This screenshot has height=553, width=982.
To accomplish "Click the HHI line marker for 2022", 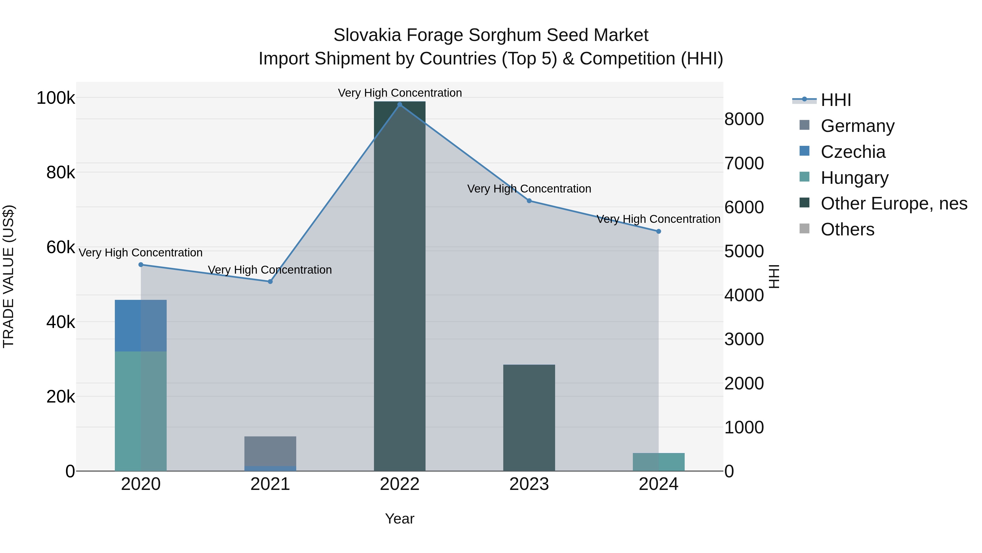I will tap(400, 105).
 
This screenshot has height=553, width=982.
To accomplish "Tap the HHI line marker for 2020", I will tap(141, 264).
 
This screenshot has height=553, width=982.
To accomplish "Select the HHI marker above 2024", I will tap(658, 231).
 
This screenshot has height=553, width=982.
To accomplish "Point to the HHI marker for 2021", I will tap(270, 282).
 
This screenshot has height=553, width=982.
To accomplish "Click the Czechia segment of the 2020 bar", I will tap(141, 326).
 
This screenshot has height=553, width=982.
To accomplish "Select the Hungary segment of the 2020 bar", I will tap(141, 411).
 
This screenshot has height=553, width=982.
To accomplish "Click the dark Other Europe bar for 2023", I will tap(529, 418).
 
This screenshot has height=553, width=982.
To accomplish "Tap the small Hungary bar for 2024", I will tap(658, 462).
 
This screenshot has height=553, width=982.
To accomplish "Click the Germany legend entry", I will tap(857, 126).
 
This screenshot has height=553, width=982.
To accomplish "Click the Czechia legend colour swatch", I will tap(804, 151).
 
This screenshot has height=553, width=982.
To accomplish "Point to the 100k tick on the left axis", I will tap(56, 98).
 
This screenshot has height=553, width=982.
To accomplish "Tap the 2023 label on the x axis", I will tap(529, 484).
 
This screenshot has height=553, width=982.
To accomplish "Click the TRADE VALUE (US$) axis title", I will tap(8, 276).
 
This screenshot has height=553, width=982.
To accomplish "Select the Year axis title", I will tap(400, 519).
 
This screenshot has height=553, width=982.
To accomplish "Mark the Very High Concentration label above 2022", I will tap(400, 93).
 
